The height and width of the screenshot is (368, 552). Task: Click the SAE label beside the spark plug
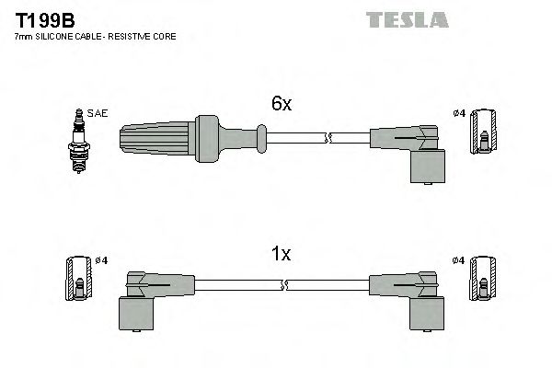tap(98, 113)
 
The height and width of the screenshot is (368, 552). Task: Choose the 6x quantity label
tap(281, 105)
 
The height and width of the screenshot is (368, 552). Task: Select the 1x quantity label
tap(281, 255)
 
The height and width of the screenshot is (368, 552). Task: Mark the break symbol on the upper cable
tap(328, 139)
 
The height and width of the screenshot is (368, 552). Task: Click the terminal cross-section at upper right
tap(482, 135)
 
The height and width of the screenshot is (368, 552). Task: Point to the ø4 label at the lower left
tap(101, 260)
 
